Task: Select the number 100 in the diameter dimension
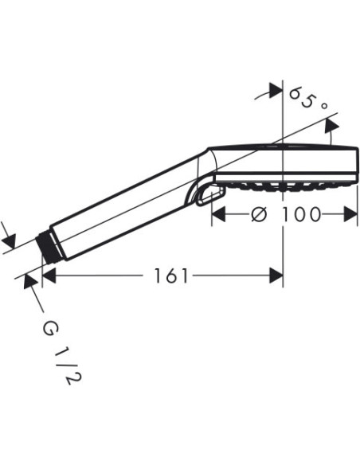[x=302, y=214]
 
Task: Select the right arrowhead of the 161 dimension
[x=276, y=275]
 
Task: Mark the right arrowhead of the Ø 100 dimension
[x=351, y=214]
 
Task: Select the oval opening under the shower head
[x=206, y=194]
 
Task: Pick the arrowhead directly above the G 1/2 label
[x=31, y=280]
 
